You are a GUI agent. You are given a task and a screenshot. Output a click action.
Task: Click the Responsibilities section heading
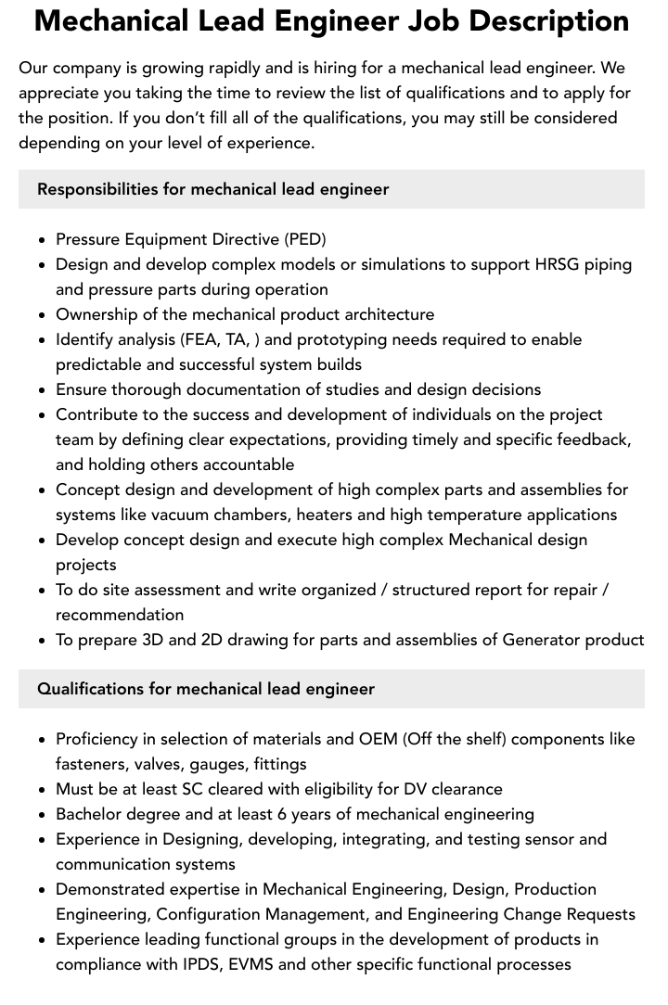pyautogui.click(x=212, y=189)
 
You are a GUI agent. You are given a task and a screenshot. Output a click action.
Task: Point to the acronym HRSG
pyautogui.click(x=559, y=264)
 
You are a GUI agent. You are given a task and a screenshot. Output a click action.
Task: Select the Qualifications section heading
pyautogui.click(x=206, y=689)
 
